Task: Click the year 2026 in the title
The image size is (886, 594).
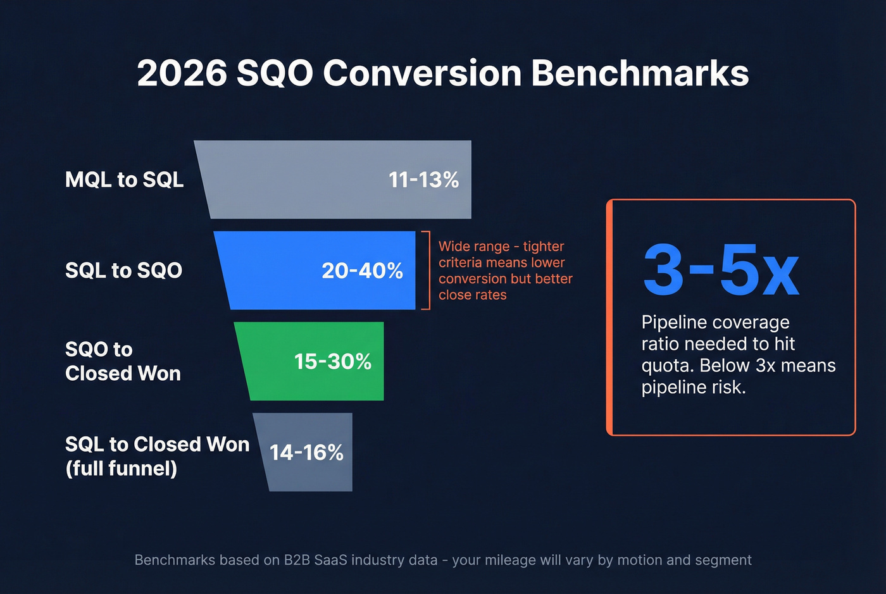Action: [182, 73]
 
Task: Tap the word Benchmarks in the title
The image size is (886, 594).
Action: [640, 73]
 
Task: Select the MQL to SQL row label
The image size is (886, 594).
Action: [124, 180]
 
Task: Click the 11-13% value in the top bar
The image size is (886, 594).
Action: [423, 180]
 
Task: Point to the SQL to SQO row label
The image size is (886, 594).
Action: [123, 271]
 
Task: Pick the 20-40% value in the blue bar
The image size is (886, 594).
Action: [362, 271]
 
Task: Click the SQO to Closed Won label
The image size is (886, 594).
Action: [123, 361]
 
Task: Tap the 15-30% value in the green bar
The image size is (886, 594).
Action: [332, 362]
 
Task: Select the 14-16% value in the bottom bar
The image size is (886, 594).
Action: [306, 453]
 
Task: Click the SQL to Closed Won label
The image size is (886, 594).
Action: [157, 445]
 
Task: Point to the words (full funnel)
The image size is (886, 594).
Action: [121, 469]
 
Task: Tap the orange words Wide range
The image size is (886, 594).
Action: [474, 247]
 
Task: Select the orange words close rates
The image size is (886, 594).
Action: [472, 295]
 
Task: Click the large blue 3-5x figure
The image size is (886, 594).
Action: [721, 271]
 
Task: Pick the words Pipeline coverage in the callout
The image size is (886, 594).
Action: [715, 323]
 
